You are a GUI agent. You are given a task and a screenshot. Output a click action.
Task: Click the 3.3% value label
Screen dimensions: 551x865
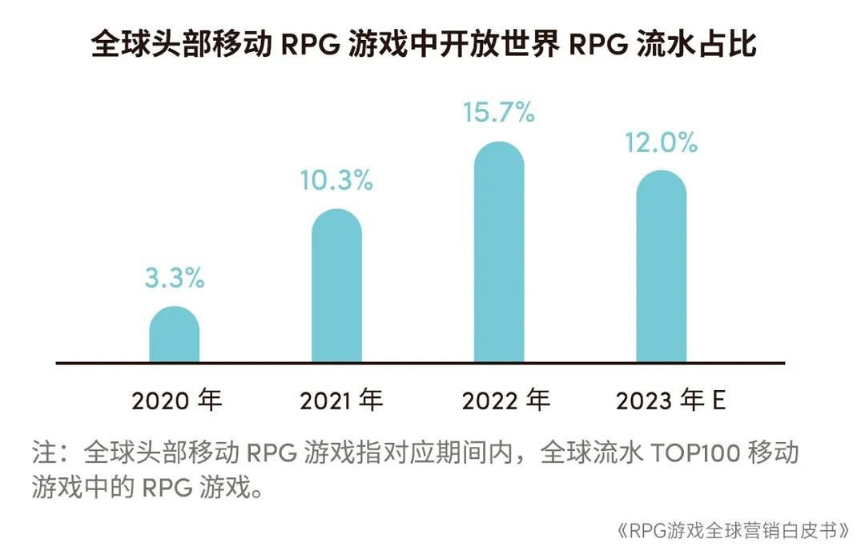point(175,279)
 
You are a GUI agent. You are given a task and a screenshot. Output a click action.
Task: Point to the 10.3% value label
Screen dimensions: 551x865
point(336,181)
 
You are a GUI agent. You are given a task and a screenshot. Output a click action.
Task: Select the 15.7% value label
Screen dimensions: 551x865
point(499,113)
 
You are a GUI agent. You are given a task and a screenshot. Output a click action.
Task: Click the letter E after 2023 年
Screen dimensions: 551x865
point(718,400)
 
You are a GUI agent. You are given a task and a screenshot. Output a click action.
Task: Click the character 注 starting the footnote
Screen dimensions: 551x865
point(42,453)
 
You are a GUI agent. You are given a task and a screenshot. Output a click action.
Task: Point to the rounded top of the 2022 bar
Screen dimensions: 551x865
point(499,152)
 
